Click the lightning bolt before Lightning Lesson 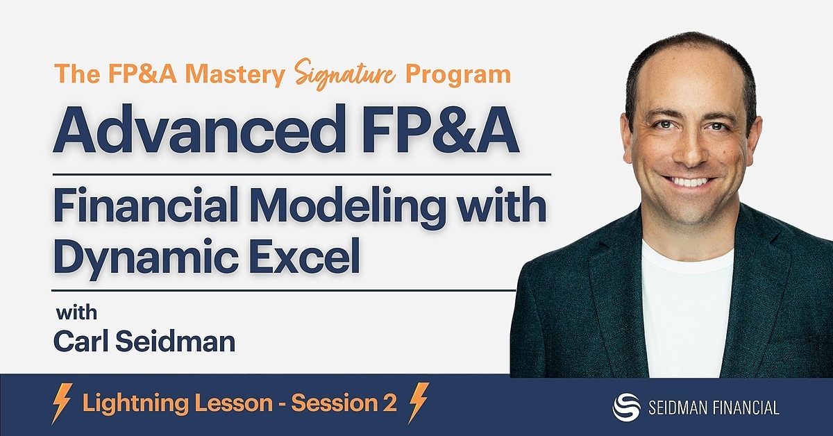[63, 403]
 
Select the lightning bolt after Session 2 [418, 403]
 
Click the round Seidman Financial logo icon [625, 407]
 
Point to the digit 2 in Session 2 [389, 403]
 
